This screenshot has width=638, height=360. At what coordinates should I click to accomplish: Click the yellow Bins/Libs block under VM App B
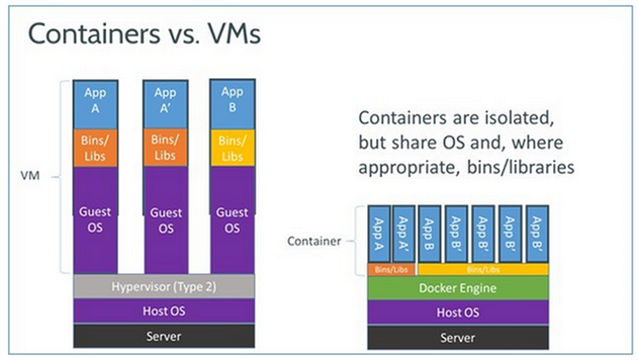[x=231, y=147]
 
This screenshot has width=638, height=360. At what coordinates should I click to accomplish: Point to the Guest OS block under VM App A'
[x=165, y=219]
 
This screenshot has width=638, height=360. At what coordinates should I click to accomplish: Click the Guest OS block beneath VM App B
[x=231, y=219]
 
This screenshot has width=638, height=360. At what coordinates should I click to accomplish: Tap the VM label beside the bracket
[x=31, y=176]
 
